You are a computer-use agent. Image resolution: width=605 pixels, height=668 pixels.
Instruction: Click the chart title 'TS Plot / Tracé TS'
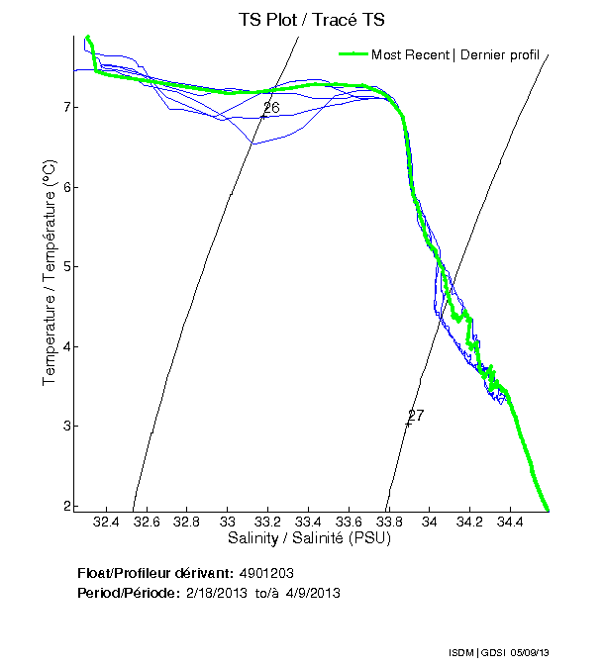coord(312,20)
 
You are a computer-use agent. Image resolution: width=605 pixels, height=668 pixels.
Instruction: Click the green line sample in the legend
coord(353,54)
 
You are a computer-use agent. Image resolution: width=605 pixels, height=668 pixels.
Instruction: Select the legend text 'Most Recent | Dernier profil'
coord(454,54)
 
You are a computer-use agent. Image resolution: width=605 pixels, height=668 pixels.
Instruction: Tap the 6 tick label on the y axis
coord(62,187)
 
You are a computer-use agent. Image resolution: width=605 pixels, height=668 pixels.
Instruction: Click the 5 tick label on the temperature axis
coord(62,267)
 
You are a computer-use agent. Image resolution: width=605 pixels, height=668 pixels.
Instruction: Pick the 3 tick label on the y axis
coord(62,427)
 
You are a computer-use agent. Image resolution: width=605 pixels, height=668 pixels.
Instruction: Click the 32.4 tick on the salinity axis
coord(106,522)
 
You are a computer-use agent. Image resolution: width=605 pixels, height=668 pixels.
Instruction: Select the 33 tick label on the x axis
coord(228,522)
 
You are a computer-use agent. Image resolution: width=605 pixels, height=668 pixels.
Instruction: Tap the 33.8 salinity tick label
coord(389,522)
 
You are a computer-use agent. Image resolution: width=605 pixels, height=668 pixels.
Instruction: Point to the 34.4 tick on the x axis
coord(510,522)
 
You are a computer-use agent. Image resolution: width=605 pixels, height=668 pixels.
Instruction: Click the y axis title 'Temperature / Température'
coord(49,274)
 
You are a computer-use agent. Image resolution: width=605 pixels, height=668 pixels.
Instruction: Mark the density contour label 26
coord(271,107)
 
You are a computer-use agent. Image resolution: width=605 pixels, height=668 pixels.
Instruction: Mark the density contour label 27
coord(416,415)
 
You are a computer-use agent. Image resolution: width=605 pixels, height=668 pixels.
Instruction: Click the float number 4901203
coord(266,573)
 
